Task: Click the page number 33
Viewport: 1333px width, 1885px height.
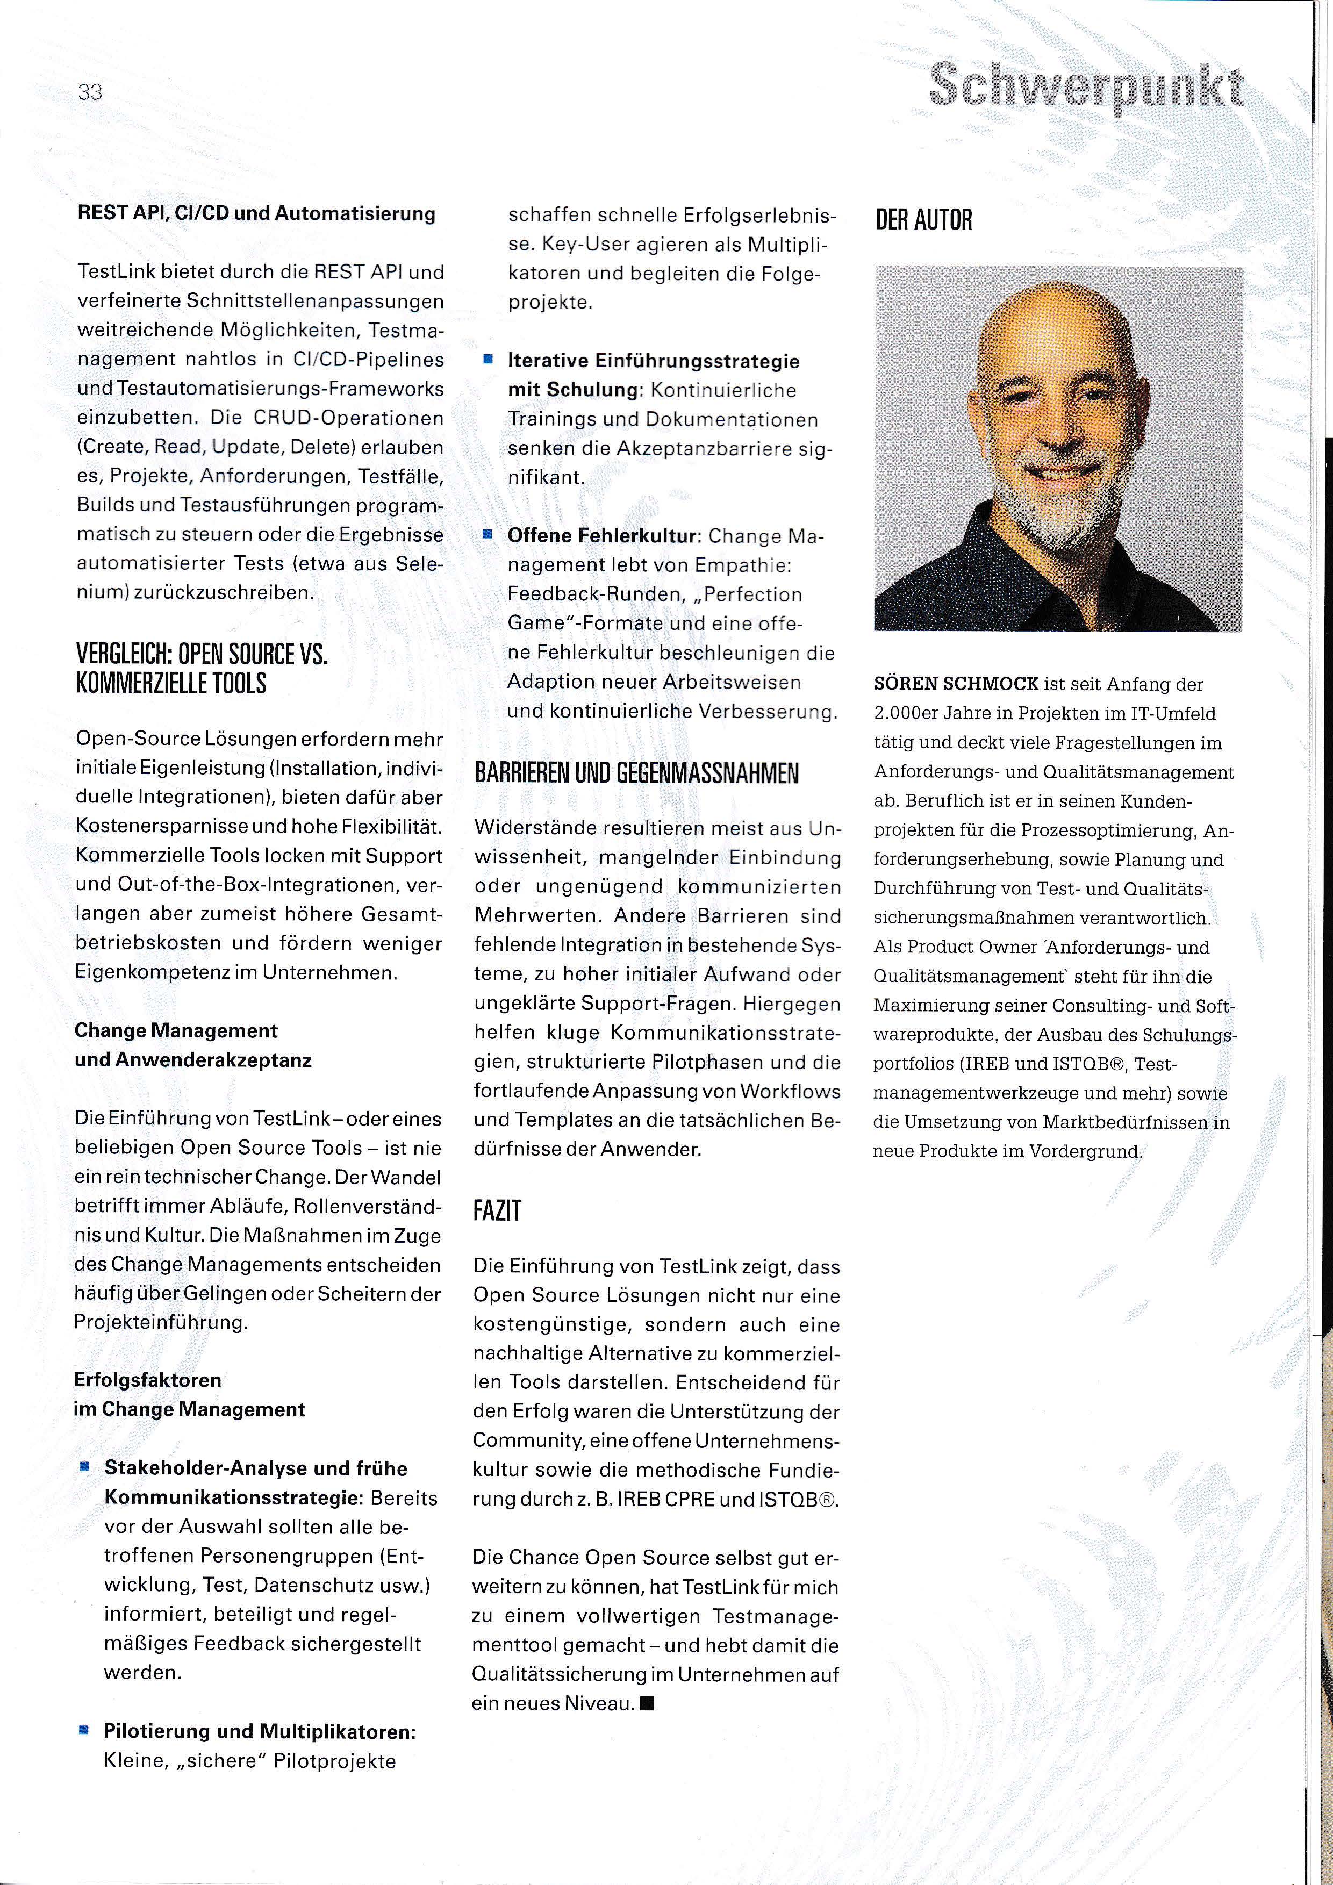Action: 90,92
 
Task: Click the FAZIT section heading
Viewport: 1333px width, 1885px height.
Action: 497,1211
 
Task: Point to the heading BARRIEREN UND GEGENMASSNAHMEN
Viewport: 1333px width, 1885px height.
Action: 636,773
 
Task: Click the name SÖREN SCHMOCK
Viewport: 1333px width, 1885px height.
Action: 956,684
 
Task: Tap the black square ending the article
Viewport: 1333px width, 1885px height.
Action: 647,1703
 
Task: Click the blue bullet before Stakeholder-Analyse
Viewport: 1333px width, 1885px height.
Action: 84,1466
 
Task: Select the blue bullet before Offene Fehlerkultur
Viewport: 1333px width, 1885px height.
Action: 488,534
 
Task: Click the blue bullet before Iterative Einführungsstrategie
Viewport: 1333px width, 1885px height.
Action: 488,360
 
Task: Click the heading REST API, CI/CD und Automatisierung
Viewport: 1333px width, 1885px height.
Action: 256,214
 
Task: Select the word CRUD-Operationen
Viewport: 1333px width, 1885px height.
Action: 348,418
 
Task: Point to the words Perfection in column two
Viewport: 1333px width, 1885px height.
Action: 752,594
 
